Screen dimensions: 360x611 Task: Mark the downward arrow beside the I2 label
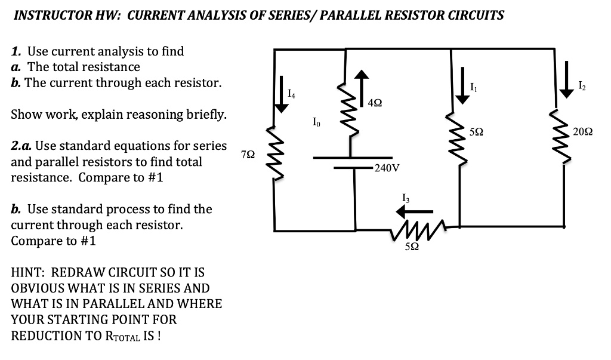pyautogui.click(x=564, y=87)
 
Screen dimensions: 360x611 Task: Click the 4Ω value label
pyautogui.click(x=376, y=103)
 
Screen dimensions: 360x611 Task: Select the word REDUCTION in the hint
pyautogui.click(x=47, y=335)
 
